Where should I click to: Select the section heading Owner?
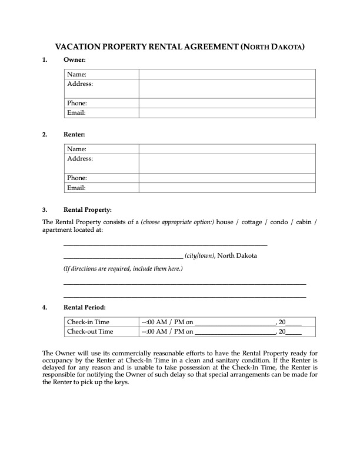[75, 60]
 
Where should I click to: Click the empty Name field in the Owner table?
[227, 74]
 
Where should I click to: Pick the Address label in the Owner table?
[80, 84]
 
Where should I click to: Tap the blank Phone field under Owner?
[227, 103]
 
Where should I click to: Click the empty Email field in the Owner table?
[227, 112]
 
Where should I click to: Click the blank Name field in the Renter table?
[227, 149]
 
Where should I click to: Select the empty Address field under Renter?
[227, 163]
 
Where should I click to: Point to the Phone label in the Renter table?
[77, 178]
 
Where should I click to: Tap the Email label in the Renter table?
[76, 188]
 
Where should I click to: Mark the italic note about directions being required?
[123, 269]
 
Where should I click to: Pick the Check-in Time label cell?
[88, 322]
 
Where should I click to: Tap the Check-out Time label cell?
[90, 331]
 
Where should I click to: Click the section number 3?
[45, 209]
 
